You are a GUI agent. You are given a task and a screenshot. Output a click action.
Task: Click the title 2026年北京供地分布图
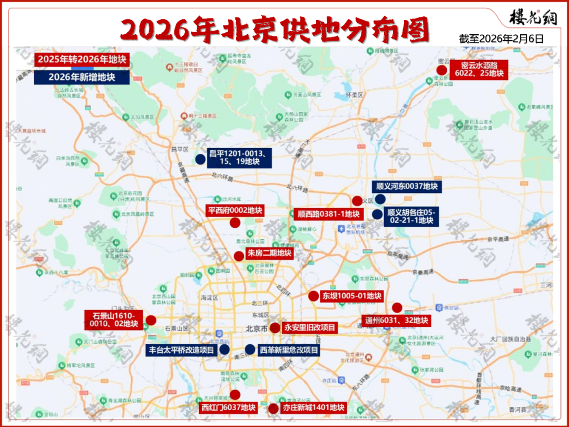click(274, 30)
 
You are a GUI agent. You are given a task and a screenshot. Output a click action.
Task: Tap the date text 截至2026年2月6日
click(501, 38)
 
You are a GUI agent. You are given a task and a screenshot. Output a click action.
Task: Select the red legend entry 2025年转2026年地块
click(82, 59)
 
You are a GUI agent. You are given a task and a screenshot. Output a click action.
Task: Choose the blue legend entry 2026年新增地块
click(82, 77)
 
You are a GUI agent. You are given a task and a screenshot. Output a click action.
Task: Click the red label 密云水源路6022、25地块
click(479, 69)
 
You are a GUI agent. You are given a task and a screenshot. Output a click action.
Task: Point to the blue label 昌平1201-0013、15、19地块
click(239, 158)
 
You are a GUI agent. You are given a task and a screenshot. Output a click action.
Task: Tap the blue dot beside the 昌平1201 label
click(200, 159)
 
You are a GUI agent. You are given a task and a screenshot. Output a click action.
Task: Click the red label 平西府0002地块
click(235, 210)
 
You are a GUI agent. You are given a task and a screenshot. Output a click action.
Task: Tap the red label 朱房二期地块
click(269, 253)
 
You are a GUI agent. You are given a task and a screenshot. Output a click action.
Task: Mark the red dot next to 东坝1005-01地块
click(313, 296)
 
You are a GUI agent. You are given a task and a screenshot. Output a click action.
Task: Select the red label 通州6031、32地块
click(397, 320)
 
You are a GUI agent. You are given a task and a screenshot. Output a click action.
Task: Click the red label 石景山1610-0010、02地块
click(114, 320)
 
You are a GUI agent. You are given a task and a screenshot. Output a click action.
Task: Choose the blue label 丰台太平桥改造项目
click(180, 350)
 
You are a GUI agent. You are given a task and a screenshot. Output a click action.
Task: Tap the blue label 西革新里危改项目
click(289, 350)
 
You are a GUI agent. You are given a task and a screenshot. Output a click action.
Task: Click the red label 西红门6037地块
click(228, 407)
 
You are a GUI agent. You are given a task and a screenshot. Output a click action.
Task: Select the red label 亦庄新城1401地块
click(313, 407)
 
